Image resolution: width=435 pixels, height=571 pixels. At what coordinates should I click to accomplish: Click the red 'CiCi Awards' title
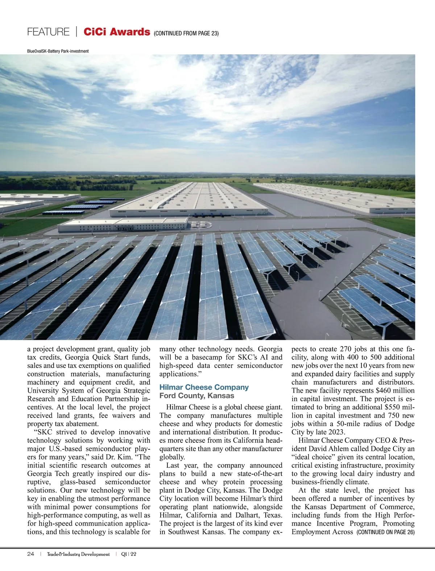[116, 32]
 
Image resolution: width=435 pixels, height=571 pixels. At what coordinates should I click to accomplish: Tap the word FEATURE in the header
[48, 32]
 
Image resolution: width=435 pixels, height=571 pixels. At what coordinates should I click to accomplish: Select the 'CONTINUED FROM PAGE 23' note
[186, 33]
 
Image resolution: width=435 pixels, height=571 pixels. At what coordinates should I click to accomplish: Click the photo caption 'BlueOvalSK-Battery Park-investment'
[58, 51]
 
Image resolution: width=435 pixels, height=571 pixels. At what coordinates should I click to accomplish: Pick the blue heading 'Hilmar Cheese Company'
[204, 387]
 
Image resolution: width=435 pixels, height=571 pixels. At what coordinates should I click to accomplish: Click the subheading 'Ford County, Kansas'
[197, 396]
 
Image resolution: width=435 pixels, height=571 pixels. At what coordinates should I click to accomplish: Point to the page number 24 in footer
[30, 554]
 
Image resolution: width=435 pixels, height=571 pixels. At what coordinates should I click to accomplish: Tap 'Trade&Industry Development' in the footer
[78, 554]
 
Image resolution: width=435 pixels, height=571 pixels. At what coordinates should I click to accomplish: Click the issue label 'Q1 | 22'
[129, 554]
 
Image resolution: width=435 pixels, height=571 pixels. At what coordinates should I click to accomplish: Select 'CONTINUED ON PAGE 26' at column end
[385, 532]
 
